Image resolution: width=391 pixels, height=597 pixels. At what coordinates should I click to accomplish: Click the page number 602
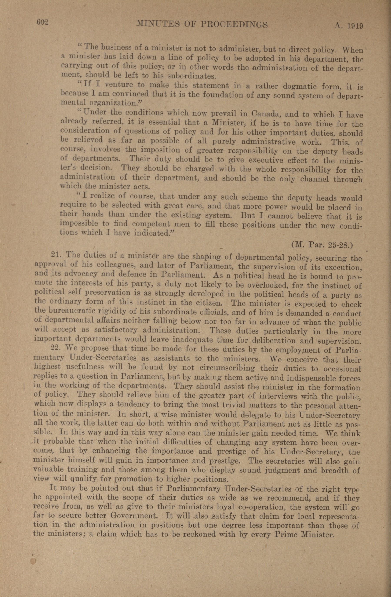pyautogui.click(x=42, y=22)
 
